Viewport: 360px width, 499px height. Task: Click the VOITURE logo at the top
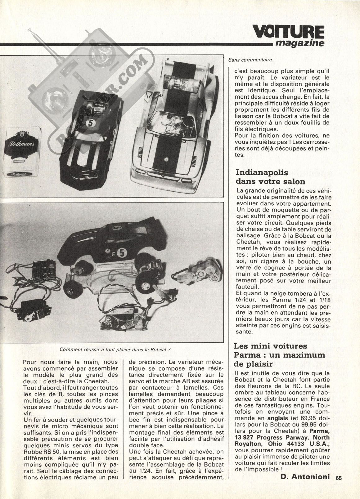pos(288,31)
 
